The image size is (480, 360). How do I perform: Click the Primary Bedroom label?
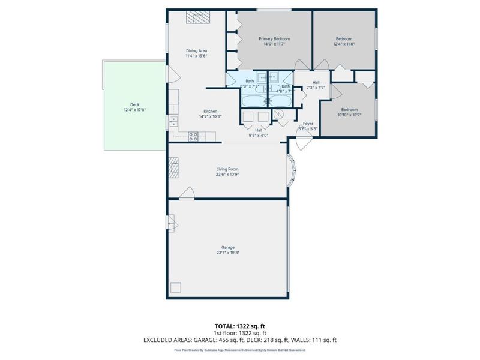click(x=274, y=38)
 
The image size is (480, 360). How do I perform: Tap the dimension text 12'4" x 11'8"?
click(x=344, y=44)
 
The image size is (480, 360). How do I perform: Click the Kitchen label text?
click(x=210, y=111)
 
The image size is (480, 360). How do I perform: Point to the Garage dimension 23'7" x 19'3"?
click(x=227, y=253)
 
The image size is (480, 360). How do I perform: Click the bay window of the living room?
click(x=292, y=170)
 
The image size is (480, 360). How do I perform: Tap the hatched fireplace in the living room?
click(x=173, y=165)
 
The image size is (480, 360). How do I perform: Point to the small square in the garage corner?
click(x=176, y=287)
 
